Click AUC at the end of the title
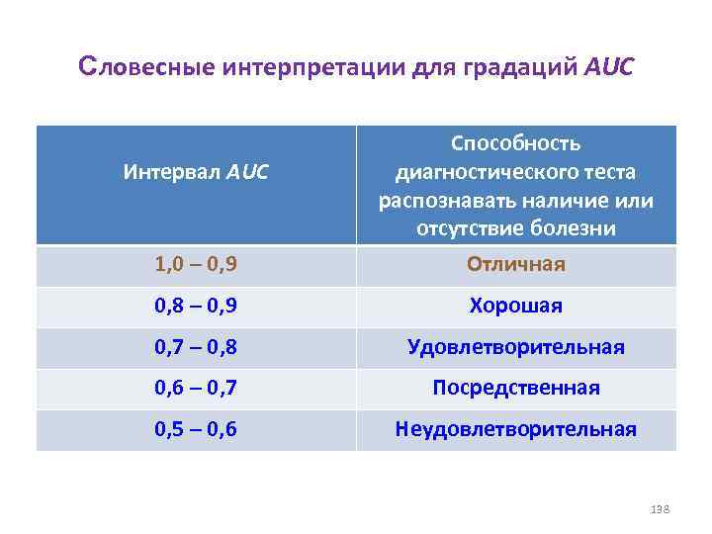coord(610,69)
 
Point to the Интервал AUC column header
coord(196,172)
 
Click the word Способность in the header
coord(515,143)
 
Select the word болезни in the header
coord(571,229)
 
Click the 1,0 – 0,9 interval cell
coord(196,265)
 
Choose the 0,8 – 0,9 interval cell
coord(196,306)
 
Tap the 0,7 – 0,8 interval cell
coord(196,347)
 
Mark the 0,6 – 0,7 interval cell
coord(196,388)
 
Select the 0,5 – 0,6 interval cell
coord(196,429)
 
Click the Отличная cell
coord(515,265)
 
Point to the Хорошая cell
coord(515,306)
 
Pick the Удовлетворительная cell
coord(515,347)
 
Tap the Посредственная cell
coord(515,388)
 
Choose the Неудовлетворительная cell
coord(515,429)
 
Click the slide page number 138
coord(661,508)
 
